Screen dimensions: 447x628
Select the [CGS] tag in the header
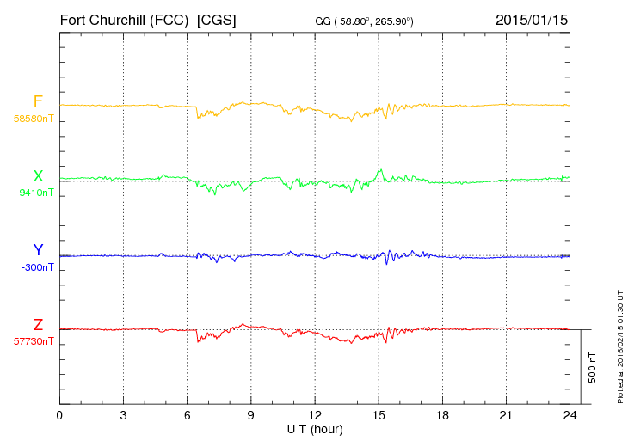[217, 19]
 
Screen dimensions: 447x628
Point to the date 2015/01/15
[532, 19]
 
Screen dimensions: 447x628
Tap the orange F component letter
[38, 101]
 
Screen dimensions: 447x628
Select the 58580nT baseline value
[33, 119]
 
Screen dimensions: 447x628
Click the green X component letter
[38, 176]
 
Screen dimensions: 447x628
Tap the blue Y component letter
[38, 250]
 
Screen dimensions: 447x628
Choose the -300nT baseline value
[35, 267]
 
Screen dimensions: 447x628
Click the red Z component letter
[38, 324]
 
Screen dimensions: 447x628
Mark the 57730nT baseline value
[33, 341]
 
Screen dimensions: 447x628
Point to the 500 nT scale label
[593, 367]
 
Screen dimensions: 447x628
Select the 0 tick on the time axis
[59, 415]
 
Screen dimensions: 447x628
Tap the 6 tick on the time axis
[188, 415]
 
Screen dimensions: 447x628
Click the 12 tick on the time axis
[315, 415]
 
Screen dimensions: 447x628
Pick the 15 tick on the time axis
[379, 415]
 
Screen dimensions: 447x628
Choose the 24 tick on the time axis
[570, 415]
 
